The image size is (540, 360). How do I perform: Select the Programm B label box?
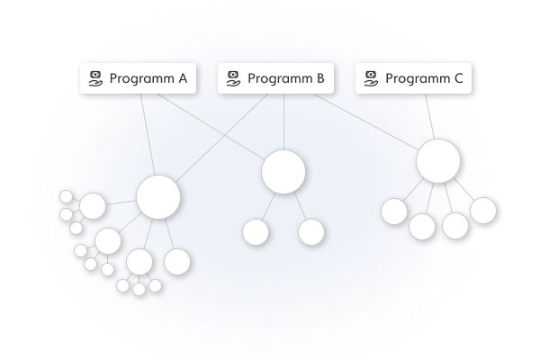pos(275,78)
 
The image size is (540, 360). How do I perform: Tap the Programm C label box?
pos(413,78)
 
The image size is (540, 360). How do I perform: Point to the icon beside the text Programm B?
pos(232,78)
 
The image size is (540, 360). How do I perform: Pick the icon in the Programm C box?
pos(370,78)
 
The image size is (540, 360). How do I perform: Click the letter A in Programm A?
pos(182,78)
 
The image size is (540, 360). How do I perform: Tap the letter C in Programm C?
pos(457,78)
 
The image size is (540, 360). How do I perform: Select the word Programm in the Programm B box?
pos(278,78)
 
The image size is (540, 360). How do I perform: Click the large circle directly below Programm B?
pos(283,172)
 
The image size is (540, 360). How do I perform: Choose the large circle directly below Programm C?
pos(438,162)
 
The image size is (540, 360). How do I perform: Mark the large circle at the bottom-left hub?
pos(158,197)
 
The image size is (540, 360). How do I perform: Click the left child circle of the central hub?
pos(256,232)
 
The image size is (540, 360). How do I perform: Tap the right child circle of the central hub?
pos(311,232)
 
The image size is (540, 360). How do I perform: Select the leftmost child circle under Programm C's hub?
pos(394,211)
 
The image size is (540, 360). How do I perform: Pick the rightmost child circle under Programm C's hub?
pos(483,210)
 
